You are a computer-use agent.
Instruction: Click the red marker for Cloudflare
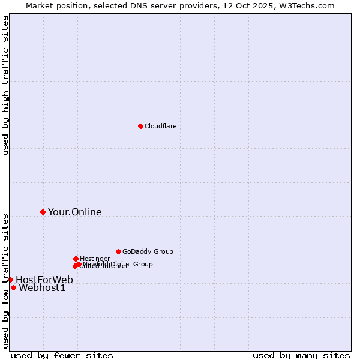pyautogui.click(x=140, y=126)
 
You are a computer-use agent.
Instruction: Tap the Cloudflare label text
pyautogui.click(x=161, y=126)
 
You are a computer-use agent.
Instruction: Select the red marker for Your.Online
pyautogui.click(x=43, y=212)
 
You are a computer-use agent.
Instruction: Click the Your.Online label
pyautogui.click(x=74, y=212)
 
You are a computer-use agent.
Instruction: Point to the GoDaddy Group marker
pyautogui.click(x=118, y=251)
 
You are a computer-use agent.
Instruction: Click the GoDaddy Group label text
pyautogui.click(x=148, y=251)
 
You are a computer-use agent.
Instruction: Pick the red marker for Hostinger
pyautogui.click(x=76, y=259)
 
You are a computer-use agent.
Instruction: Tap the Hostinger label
pyautogui.click(x=95, y=259)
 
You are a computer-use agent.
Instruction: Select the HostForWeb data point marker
pyautogui.click(x=10, y=280)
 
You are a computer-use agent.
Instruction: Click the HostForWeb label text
pyautogui.click(x=44, y=280)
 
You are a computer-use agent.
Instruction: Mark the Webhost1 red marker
pyautogui.click(x=13, y=287)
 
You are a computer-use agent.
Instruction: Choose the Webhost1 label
pyautogui.click(x=42, y=287)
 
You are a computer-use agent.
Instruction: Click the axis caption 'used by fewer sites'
pyautogui.click(x=62, y=355)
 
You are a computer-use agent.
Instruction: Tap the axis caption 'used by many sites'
pyautogui.click(x=301, y=355)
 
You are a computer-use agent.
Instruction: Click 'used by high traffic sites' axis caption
pyautogui.click(x=5, y=85)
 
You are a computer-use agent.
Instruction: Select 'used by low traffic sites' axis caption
pyautogui.click(x=5, y=281)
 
